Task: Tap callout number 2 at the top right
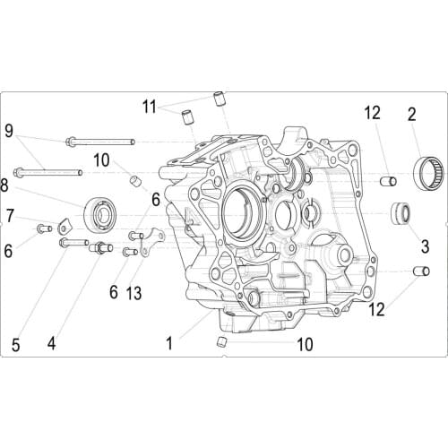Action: pos(411,114)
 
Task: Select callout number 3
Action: pos(413,243)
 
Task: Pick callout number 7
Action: pos(11,215)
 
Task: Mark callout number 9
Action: pos(9,130)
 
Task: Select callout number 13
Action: pos(134,293)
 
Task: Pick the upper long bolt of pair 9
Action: pos(99,142)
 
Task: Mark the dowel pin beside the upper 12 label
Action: pos(389,181)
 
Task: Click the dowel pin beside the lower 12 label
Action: pos(417,271)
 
